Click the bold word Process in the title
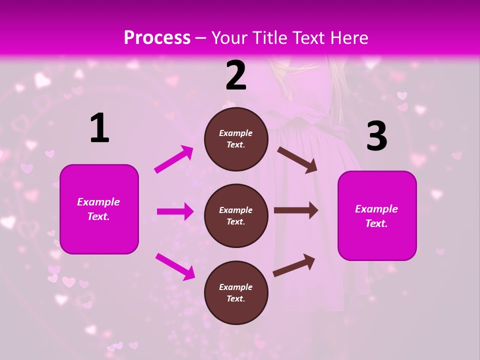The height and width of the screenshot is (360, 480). (157, 38)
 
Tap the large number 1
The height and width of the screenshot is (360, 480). (99, 128)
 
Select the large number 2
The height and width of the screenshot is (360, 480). (236, 75)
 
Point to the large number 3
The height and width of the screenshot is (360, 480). (376, 136)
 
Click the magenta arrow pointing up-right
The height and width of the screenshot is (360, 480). (174, 159)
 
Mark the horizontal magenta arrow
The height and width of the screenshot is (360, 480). (175, 211)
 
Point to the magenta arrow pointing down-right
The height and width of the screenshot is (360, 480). (175, 266)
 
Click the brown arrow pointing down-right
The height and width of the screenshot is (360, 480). (297, 159)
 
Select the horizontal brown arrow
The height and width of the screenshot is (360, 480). (296, 210)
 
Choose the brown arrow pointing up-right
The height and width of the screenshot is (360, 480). (294, 265)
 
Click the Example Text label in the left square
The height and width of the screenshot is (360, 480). (98, 209)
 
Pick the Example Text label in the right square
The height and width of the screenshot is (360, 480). (376, 216)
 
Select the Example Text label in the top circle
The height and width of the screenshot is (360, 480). (236, 138)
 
